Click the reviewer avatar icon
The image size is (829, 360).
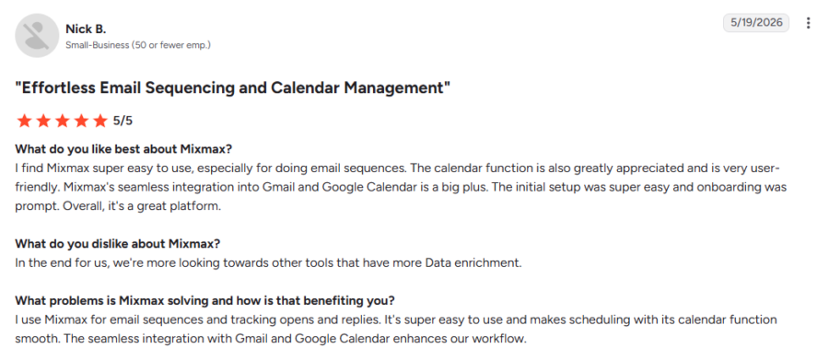pyautogui.click(x=37, y=35)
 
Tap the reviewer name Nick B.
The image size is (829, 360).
pyautogui.click(x=86, y=29)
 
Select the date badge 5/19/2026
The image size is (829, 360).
pyautogui.click(x=756, y=23)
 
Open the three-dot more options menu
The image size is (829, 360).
pyautogui.click(x=808, y=23)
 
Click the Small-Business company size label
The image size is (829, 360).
pyautogui.click(x=138, y=45)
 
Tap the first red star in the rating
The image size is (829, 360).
pyautogui.click(x=24, y=121)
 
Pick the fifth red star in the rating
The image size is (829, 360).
pyautogui.click(x=99, y=121)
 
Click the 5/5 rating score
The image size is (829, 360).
pyautogui.click(x=123, y=121)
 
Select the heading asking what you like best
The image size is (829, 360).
pyautogui.click(x=123, y=148)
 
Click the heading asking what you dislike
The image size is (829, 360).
pyautogui.click(x=117, y=244)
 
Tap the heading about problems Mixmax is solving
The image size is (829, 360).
pyautogui.click(x=204, y=301)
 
